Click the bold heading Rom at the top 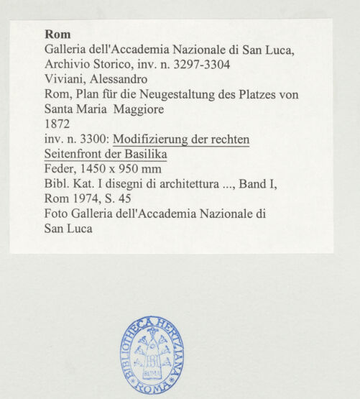(x=57, y=34)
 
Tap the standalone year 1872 (x=57, y=124)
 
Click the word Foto (x=57, y=214)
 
